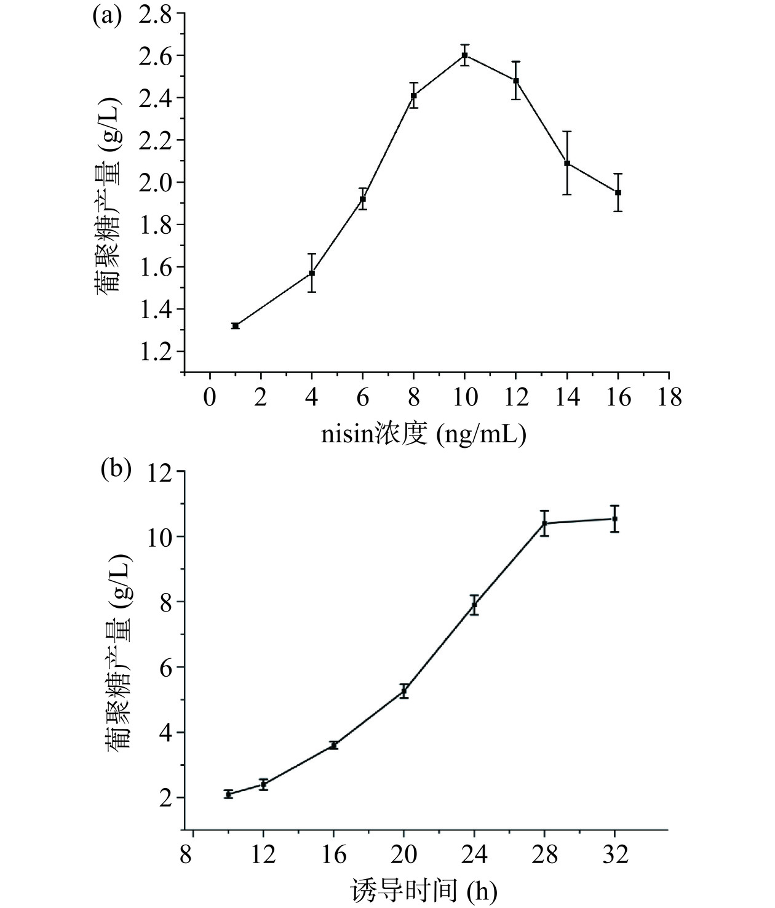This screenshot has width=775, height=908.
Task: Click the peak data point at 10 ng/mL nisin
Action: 465,55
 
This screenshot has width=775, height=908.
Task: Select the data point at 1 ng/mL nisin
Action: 236,325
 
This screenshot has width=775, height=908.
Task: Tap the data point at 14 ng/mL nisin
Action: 567,163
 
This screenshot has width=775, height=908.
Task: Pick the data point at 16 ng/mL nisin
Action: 618,193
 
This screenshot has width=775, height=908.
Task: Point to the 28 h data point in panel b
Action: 544,524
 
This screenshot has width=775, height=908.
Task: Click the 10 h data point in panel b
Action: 228,794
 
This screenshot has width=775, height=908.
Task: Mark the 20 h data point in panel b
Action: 404,691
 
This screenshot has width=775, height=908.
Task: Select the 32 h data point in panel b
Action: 614,519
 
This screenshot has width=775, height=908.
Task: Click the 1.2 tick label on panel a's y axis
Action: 156,351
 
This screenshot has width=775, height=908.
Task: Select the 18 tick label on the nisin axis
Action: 669,398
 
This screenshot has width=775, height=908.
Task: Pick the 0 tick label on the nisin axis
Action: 210,398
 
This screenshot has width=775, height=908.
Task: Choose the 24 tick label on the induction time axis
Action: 474,856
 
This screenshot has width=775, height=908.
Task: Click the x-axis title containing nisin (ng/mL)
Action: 424,435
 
